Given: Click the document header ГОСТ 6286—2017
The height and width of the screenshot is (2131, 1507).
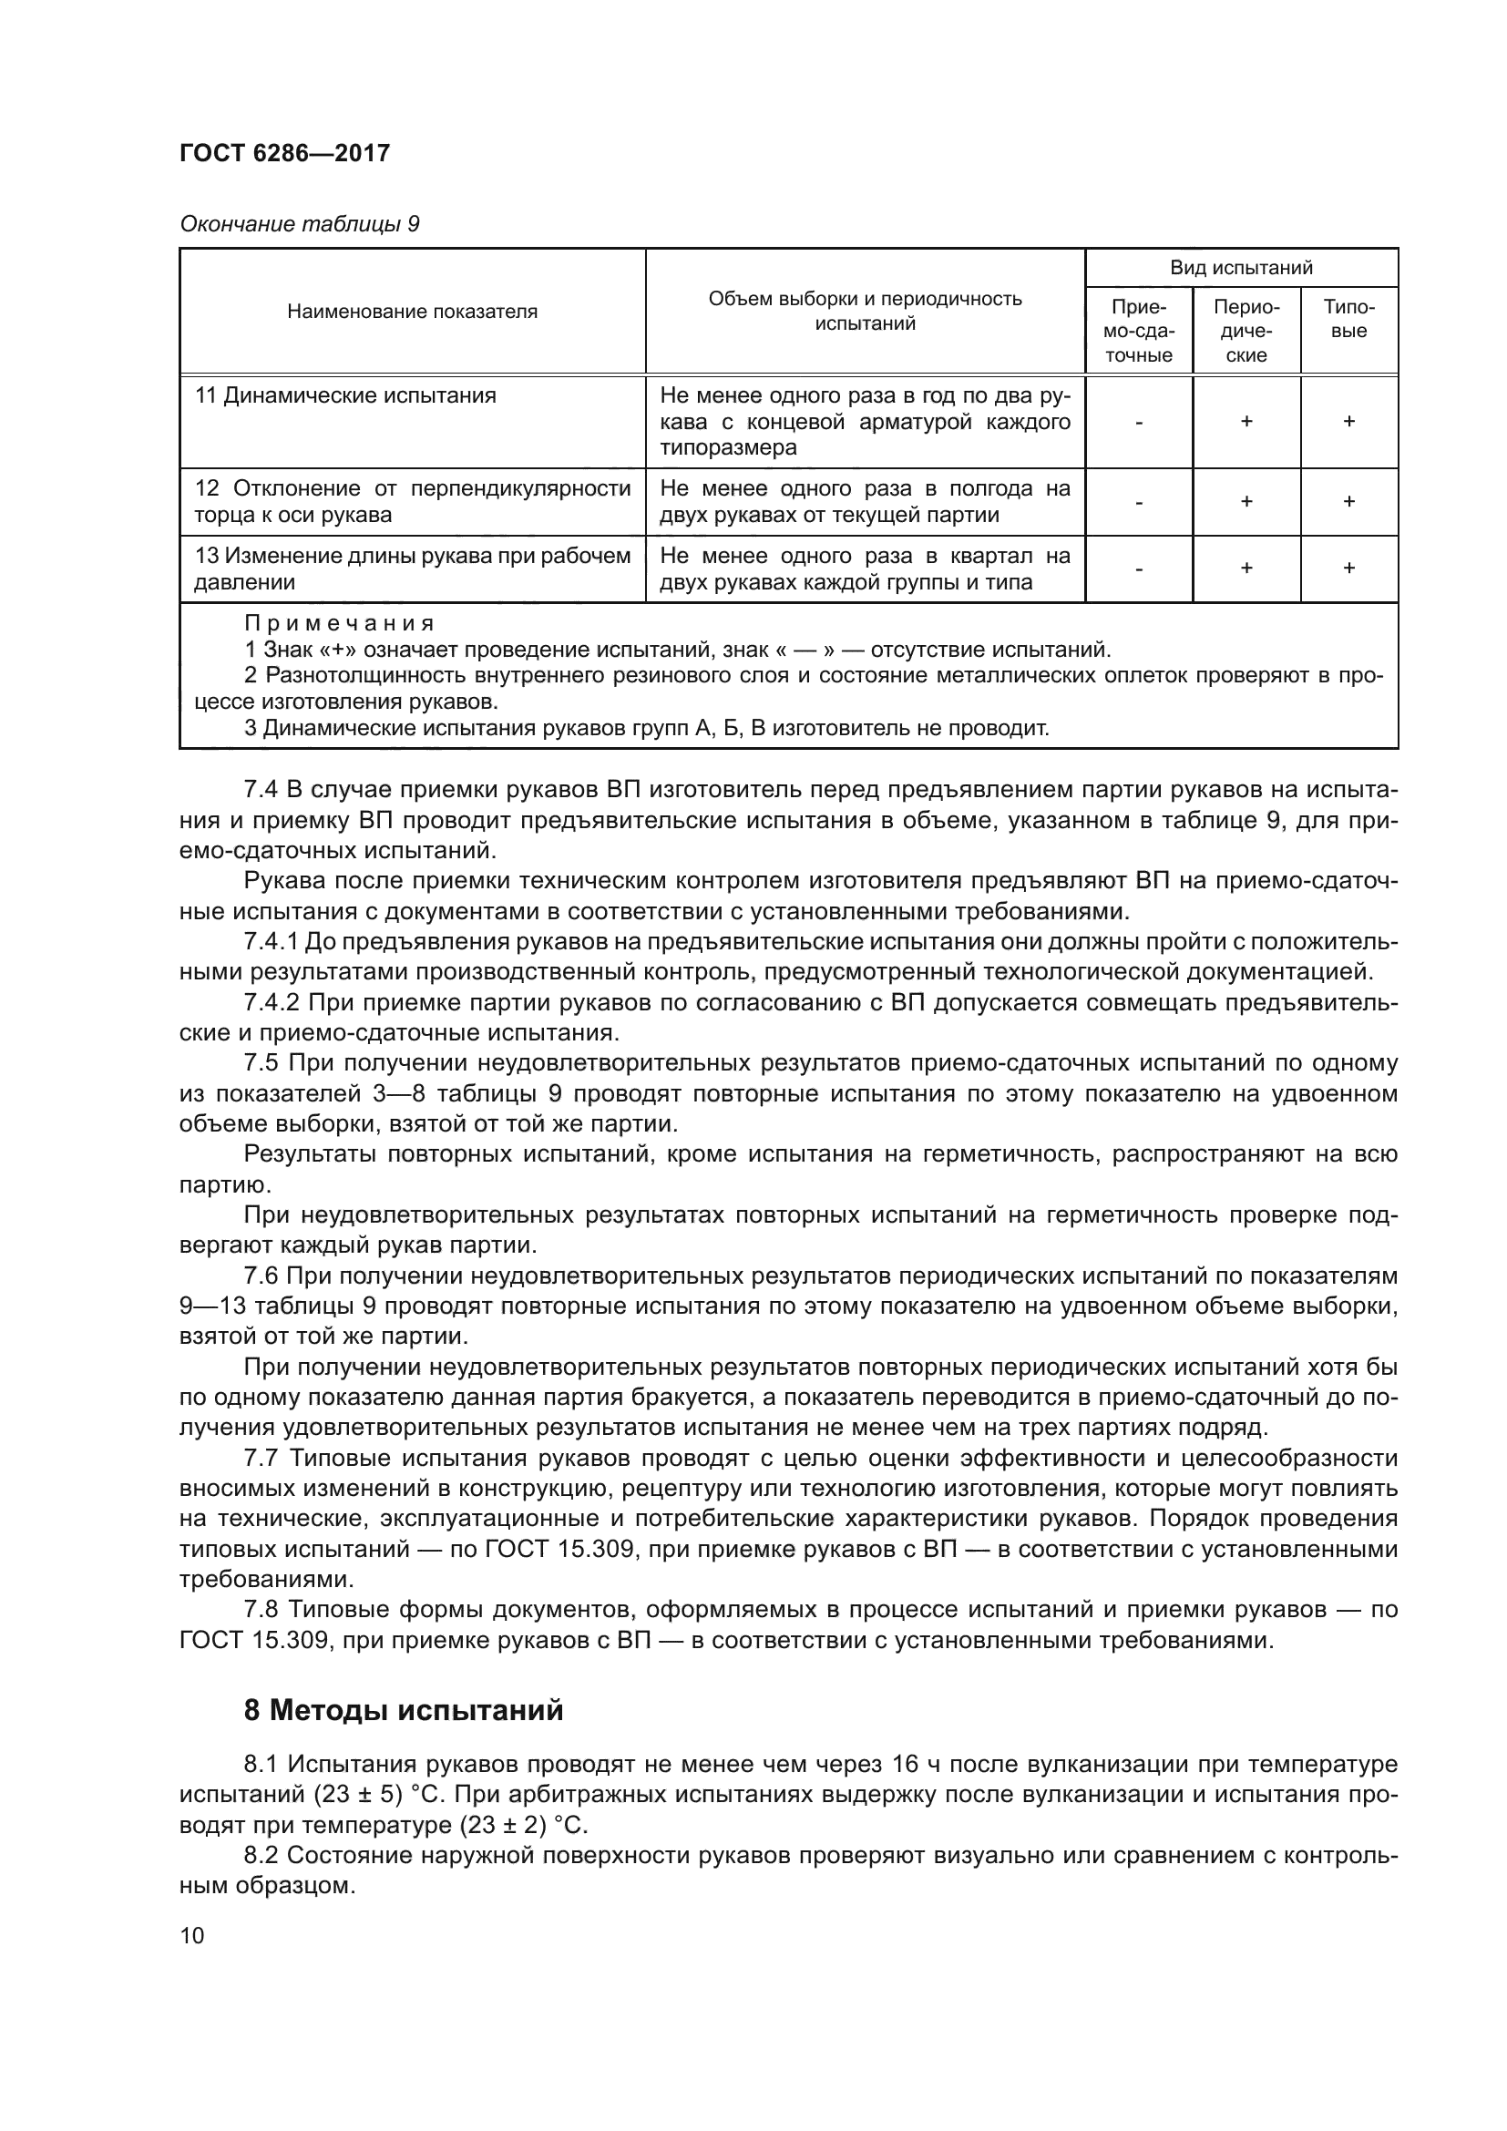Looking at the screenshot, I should pos(285,153).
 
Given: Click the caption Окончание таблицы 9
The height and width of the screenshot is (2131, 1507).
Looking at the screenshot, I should pos(299,225).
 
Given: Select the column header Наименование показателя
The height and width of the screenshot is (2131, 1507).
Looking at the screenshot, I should pos(412,312).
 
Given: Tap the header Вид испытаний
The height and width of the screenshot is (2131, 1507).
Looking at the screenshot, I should pos(1241,268).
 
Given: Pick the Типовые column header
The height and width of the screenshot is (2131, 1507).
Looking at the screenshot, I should pos(1348,319).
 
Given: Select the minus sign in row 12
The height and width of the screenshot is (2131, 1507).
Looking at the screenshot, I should pos(1139,502).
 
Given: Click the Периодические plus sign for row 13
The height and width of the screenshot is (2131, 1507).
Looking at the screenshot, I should pos(1246,568).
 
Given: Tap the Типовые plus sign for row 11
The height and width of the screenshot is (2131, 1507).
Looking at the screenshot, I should pos(1348,422).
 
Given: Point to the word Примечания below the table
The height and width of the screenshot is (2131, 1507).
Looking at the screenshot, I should pos(340,624).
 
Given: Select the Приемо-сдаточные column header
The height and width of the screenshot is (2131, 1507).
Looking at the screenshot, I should pos(1139,332).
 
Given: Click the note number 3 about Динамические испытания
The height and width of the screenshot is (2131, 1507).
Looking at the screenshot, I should pos(251,729).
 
